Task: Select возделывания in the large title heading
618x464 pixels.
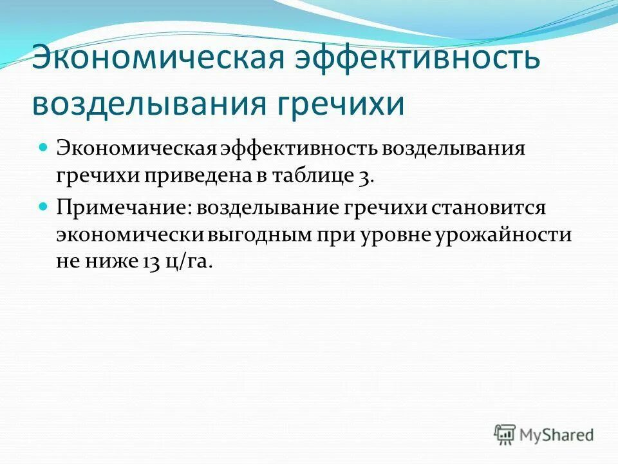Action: [151, 103]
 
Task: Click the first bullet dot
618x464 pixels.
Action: [44, 148]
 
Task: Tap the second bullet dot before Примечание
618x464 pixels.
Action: [44, 207]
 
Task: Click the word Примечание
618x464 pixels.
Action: [122, 208]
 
